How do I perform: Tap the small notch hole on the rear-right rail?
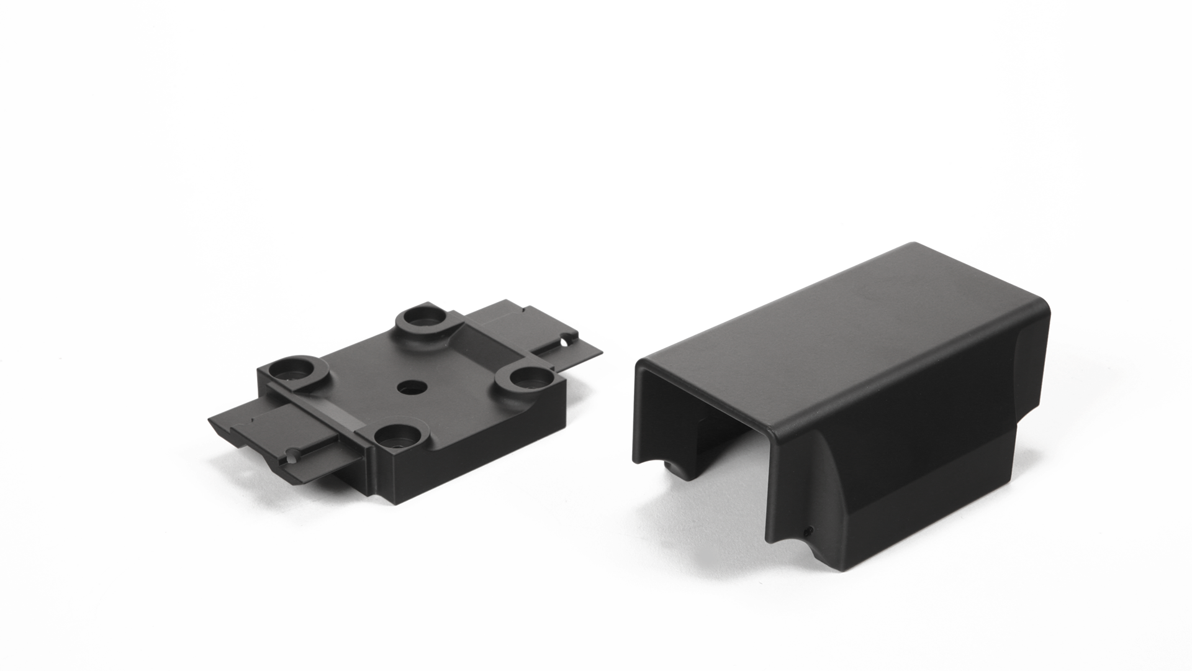pos(566,341)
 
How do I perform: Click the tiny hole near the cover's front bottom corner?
pos(808,532)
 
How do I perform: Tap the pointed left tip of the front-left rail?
pos(210,419)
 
